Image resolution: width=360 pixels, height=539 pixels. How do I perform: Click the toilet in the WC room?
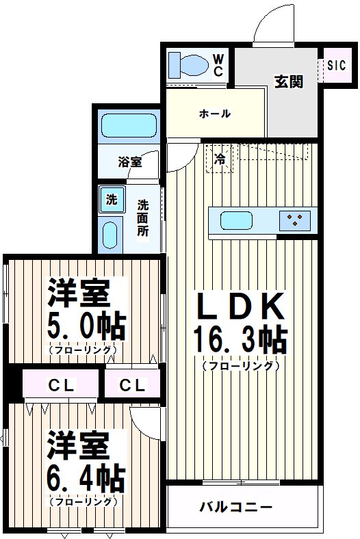coord(189,64)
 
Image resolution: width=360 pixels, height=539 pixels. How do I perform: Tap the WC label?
coord(218,64)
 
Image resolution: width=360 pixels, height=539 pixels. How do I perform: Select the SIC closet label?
coord(336,66)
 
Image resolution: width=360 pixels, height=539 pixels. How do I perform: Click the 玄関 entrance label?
coord(289,81)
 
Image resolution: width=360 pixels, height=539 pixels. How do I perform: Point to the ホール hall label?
coord(215,114)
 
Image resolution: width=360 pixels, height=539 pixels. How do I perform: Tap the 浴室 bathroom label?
coord(129,162)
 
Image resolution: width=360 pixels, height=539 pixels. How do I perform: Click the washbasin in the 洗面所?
coord(110,235)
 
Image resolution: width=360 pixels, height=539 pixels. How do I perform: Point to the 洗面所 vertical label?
coord(142,218)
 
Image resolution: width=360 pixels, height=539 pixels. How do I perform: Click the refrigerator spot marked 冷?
coord(220,159)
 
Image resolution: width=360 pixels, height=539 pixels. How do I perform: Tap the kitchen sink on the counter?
coord(236,221)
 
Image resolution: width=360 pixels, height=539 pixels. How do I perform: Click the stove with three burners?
coord(296,220)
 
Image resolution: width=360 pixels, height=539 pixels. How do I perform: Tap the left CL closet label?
coord(61,385)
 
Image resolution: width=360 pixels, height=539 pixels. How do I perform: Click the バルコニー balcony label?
coord(236,508)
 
